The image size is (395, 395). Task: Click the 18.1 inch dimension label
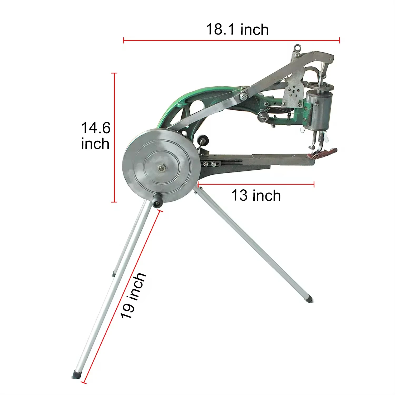coord(237,29)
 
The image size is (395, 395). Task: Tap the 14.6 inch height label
coord(95,136)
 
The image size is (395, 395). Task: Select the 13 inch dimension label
coord(256,195)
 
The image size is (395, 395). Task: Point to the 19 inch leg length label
coord(133,295)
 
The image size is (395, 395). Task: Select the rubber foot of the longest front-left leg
coord(77,374)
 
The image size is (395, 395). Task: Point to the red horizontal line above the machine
coord(232,41)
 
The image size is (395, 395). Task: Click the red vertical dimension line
coord(114,137)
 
